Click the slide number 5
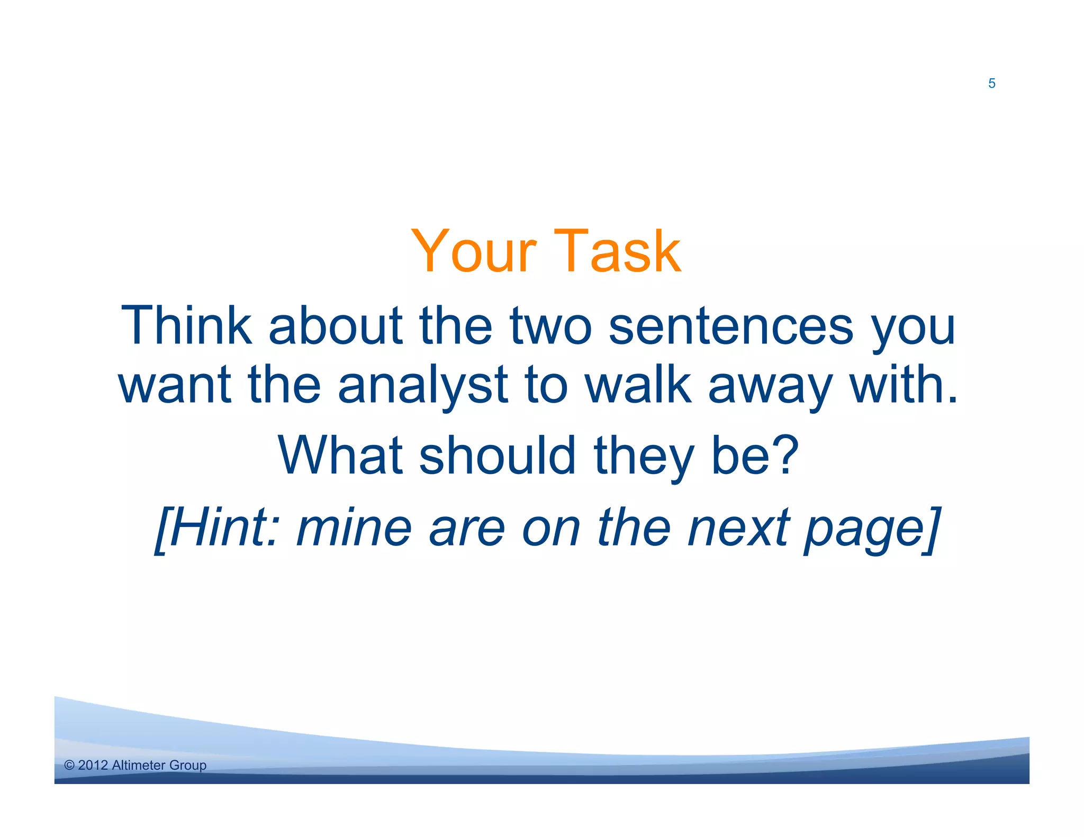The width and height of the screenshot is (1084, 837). [991, 84]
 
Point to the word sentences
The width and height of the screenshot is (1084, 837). [731, 326]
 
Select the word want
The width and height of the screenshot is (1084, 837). [175, 385]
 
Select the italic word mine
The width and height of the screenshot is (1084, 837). [354, 527]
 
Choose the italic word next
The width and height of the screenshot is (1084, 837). [738, 527]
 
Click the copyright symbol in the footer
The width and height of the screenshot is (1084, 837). [69, 765]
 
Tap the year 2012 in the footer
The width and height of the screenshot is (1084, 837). [93, 765]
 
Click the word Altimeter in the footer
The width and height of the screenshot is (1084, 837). [139, 765]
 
